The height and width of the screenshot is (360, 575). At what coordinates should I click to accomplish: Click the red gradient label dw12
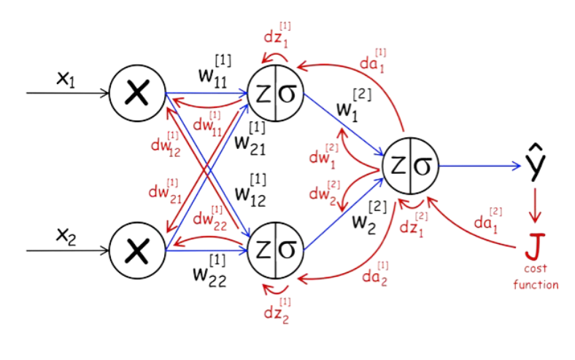[164, 144]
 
